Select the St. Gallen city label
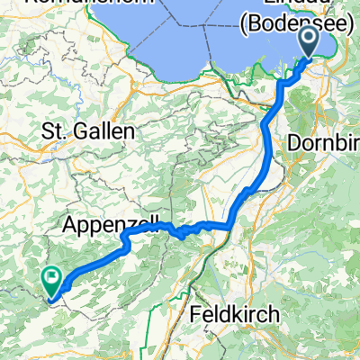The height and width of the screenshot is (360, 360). coord(88,131)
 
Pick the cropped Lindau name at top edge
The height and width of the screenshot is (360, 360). coord(297,4)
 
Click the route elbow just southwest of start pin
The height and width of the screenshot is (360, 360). coord(286,81)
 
